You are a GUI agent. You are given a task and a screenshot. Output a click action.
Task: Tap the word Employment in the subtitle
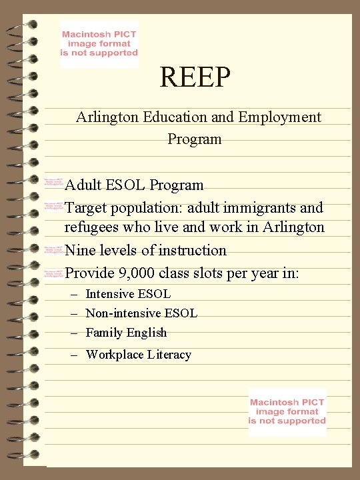[x=275, y=117]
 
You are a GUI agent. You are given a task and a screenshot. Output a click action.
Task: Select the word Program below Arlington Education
[x=195, y=140]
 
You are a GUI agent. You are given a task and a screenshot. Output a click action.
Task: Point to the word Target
[x=87, y=207]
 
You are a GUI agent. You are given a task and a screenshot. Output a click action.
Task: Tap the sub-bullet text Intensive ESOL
[x=128, y=294]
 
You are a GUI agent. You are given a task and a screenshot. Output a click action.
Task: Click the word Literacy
[x=169, y=355]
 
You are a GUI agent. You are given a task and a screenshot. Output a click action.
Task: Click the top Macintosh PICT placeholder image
[x=99, y=43]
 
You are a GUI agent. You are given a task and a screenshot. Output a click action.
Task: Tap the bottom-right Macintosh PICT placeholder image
[x=287, y=412]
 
